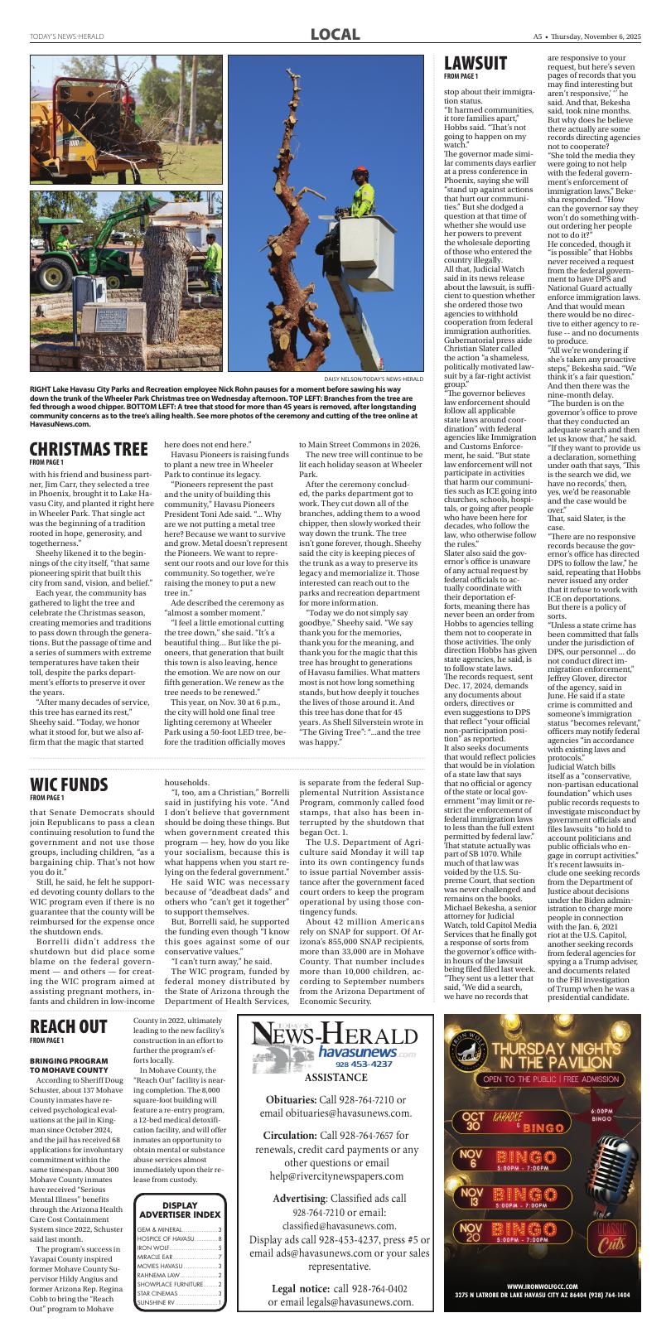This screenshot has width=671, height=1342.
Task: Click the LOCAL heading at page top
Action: [x=335, y=34]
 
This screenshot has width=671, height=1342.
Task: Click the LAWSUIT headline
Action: [x=475, y=64]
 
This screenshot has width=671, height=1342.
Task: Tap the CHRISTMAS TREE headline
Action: [x=89, y=450]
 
